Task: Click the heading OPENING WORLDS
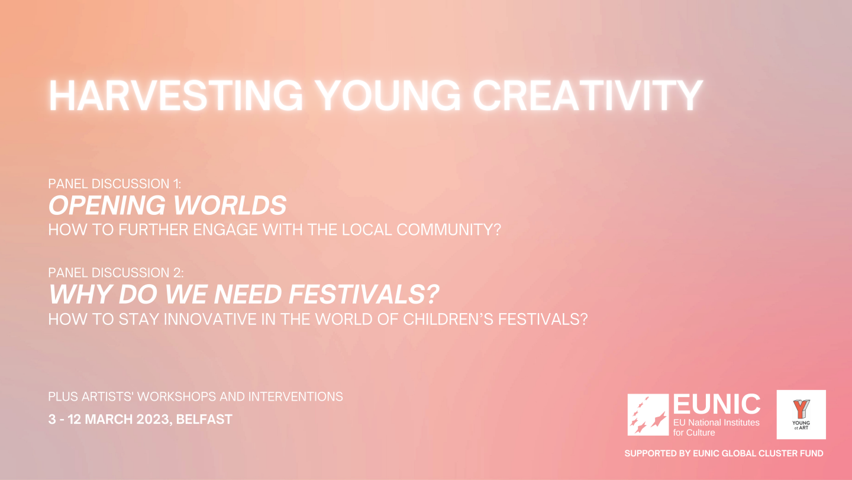(167, 205)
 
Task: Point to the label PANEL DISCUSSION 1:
(115, 183)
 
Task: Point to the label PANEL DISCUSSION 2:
(115, 273)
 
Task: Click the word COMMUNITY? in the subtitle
(449, 230)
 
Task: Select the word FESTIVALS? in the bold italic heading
(364, 294)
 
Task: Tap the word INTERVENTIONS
(296, 397)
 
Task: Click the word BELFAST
(204, 419)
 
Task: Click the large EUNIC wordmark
(717, 404)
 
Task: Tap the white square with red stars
(648, 414)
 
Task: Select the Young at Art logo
(801, 414)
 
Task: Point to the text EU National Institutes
(716, 423)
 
